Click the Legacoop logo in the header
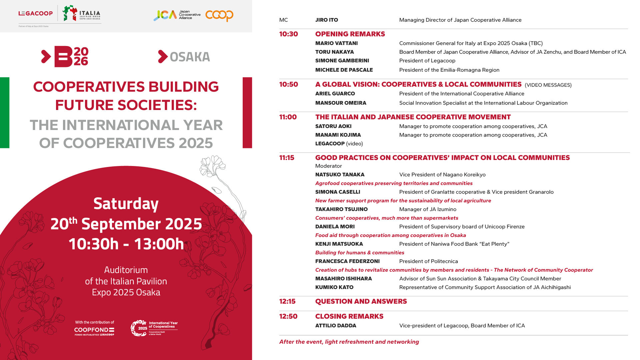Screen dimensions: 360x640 35,13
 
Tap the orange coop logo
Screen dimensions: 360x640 219,15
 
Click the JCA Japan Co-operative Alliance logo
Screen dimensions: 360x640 177,15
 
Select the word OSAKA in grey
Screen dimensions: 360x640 190,57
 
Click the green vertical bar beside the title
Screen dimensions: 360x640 5,113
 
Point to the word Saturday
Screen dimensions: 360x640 126,204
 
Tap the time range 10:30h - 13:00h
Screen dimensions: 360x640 126,244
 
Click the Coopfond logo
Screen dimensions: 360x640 94,330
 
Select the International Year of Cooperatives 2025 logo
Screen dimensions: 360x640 154,328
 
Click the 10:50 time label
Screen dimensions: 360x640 289,84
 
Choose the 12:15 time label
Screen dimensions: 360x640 287,301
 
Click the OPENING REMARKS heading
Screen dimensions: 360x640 350,34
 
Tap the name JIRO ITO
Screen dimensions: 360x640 327,20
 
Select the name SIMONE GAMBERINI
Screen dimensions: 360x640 342,61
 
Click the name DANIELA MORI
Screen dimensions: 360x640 335,227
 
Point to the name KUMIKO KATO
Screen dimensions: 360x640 334,287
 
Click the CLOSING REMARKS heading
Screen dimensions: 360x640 349,316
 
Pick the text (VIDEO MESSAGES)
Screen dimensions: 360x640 548,85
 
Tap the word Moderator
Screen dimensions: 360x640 329,166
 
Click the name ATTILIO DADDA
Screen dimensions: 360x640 336,326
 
